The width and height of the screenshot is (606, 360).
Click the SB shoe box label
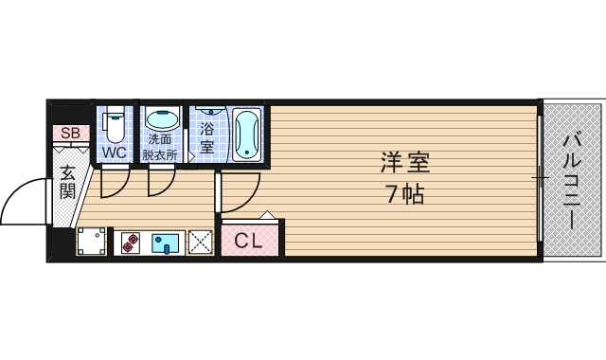coord(70,134)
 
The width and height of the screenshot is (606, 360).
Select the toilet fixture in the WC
coord(115,124)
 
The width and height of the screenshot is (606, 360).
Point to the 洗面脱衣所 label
coord(161,146)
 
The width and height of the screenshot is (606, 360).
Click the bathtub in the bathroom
coord(247,134)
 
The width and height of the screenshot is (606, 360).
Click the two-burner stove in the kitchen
coord(131,243)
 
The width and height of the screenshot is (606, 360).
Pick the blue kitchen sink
coord(165,243)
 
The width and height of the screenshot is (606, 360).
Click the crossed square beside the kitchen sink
coord(200,243)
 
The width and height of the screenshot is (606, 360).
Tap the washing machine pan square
coord(93,243)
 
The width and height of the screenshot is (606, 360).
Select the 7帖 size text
coord(405,196)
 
